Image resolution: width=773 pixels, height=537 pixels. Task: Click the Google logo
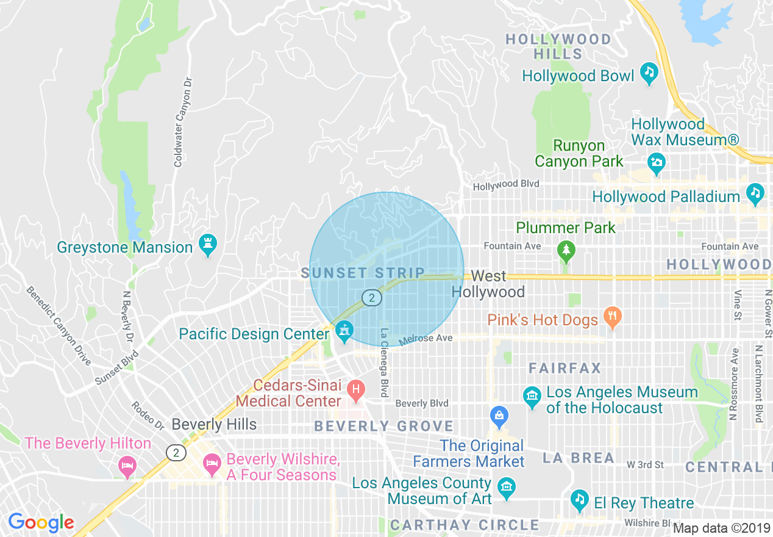[41, 522]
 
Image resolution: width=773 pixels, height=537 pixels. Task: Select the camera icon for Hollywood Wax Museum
[657, 162]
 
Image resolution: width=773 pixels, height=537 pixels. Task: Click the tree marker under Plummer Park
[566, 250]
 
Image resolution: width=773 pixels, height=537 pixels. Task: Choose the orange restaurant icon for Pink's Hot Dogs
[611, 316]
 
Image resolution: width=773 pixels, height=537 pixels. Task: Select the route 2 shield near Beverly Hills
[176, 453]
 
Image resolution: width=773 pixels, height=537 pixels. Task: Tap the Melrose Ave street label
[426, 338]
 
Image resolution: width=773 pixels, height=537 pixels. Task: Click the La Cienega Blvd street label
[384, 363]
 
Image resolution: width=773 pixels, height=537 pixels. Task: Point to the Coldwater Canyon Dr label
[179, 122]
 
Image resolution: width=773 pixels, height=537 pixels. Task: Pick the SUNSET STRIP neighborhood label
[363, 273]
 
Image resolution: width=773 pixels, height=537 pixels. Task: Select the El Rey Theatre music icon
[579, 500]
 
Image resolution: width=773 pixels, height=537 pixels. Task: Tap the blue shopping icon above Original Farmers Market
[499, 417]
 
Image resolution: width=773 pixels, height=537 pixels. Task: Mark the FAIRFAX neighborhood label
[565, 369]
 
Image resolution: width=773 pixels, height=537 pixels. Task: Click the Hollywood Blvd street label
[506, 184]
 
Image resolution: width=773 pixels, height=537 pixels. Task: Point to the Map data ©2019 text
[722, 528]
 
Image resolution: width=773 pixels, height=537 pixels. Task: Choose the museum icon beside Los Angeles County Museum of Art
[507, 487]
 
